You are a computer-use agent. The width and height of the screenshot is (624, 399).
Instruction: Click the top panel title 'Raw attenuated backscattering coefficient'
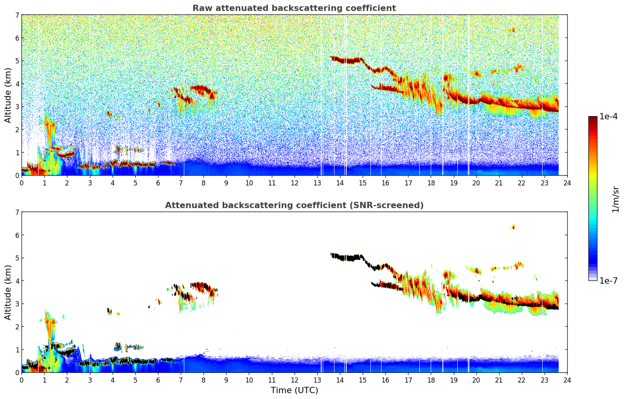tap(294, 8)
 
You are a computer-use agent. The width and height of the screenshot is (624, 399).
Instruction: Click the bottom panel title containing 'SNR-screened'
tap(294, 205)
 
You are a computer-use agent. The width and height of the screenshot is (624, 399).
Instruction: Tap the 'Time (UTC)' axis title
tap(294, 390)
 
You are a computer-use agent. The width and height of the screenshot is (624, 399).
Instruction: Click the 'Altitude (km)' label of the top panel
tap(8, 95)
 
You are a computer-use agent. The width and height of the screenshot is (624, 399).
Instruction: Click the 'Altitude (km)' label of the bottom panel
tap(8, 292)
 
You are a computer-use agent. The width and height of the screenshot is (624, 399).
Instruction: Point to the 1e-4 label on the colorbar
tap(608, 117)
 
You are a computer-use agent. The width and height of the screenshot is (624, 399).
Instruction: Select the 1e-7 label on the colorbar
tap(608, 280)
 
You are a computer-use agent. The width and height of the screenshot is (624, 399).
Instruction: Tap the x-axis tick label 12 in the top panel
tap(294, 183)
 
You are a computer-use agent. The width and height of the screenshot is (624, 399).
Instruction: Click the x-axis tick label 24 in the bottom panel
tap(567, 380)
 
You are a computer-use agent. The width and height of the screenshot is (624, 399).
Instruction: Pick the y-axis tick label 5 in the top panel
tap(17, 61)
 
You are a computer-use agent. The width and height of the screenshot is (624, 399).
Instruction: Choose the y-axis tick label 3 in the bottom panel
tap(17, 304)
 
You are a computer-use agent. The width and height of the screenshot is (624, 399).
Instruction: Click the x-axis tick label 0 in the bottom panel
tap(22, 380)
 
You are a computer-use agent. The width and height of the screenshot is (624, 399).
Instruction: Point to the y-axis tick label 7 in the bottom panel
tap(17, 212)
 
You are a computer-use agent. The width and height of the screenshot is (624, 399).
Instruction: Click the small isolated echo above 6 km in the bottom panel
tap(513, 227)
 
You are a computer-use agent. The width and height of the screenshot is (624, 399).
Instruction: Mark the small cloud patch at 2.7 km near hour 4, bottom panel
tap(109, 311)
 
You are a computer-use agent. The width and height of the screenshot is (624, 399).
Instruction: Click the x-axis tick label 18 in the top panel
tap(431, 183)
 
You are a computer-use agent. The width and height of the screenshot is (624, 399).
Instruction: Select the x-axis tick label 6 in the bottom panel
tap(158, 380)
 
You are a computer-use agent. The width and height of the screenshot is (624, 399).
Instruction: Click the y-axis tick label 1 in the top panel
tap(17, 153)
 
